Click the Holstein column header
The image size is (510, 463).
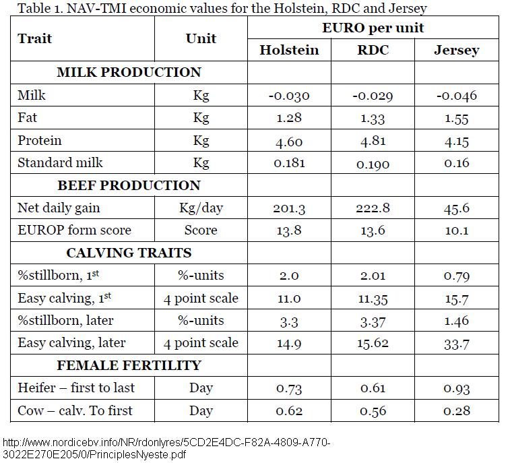click(x=289, y=51)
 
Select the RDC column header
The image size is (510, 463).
click(x=373, y=51)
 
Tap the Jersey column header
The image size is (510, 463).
click(x=456, y=51)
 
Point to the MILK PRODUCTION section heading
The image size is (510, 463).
click(x=129, y=73)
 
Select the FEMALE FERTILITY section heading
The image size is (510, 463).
click(x=129, y=365)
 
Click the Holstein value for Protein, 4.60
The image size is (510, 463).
click(x=289, y=141)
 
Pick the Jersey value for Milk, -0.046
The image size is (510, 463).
click(x=456, y=96)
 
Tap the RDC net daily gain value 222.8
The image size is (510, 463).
click(x=373, y=208)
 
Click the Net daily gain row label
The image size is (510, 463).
click(x=59, y=208)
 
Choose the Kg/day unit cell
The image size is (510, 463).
click(x=201, y=208)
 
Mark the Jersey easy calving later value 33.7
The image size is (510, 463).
click(x=456, y=343)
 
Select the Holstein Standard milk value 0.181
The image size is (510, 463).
click(x=289, y=163)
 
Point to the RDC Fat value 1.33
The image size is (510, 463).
click(x=373, y=119)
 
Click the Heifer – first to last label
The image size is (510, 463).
click(x=76, y=388)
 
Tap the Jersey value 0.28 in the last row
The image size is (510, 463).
click(x=456, y=410)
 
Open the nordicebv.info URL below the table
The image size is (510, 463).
click(x=166, y=447)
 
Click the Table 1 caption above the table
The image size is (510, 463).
click(x=222, y=9)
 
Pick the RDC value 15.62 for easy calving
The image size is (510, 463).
click(x=373, y=343)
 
